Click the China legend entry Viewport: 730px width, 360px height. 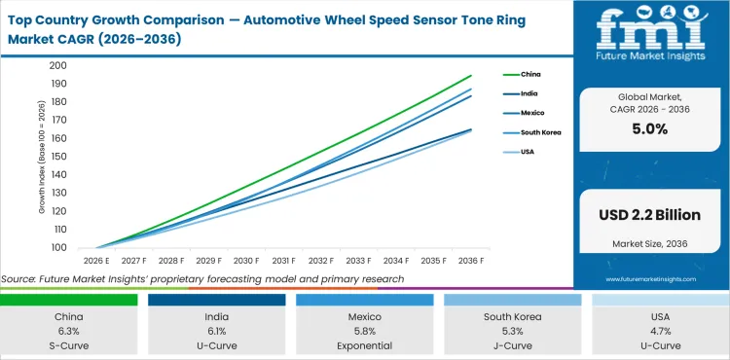click(x=530, y=74)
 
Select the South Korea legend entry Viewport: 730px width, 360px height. click(x=540, y=131)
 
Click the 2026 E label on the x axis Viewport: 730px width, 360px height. click(x=96, y=261)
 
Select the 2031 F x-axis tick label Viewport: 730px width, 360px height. click(x=284, y=261)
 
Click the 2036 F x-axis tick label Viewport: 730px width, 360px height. click(x=472, y=261)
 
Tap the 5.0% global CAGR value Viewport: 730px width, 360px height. click(x=650, y=127)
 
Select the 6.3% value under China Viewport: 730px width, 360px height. click(x=68, y=331)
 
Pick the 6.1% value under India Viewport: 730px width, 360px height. click(x=216, y=331)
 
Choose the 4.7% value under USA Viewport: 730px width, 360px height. click(x=660, y=331)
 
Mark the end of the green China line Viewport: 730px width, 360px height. click(x=472, y=75)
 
